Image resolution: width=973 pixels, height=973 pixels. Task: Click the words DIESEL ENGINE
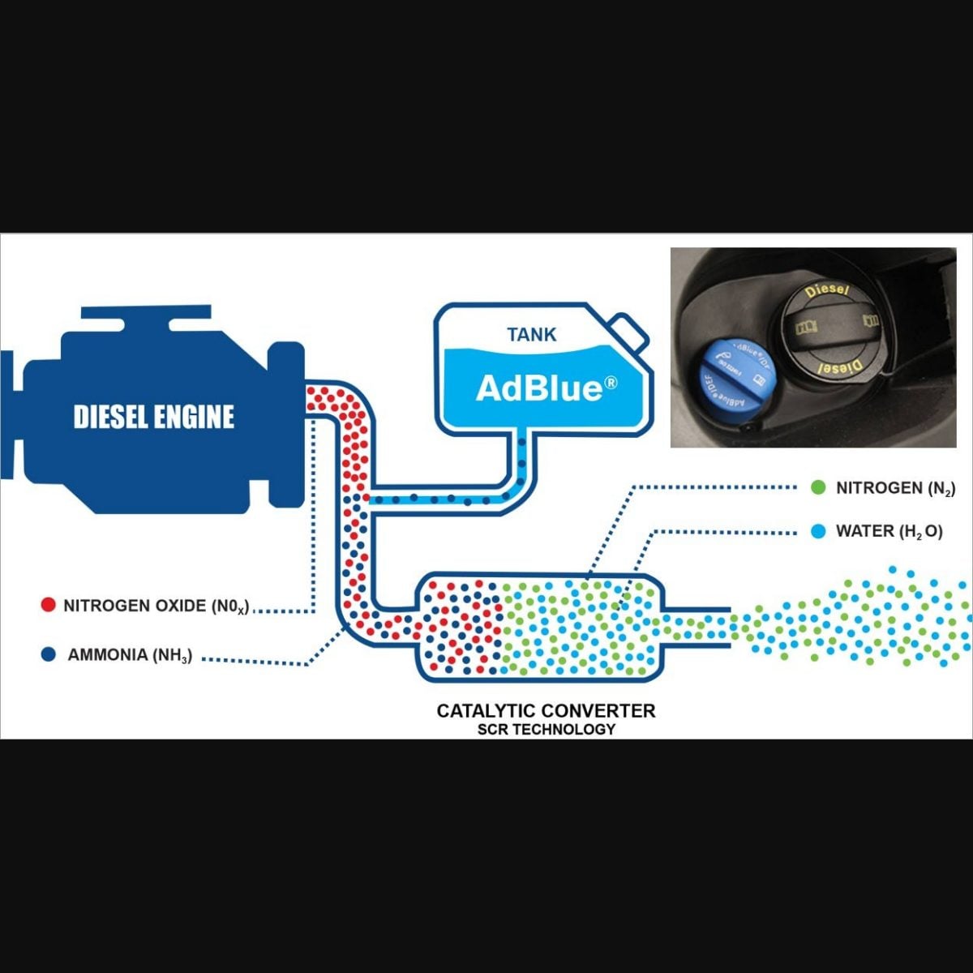click(154, 418)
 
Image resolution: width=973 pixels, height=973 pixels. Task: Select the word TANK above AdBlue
click(532, 334)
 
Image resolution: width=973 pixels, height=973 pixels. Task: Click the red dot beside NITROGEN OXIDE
click(48, 605)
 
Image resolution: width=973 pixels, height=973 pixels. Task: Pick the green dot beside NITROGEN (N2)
click(819, 487)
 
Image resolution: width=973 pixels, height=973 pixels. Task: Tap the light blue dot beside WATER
click(819, 531)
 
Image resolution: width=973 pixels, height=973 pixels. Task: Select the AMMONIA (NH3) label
click(130, 655)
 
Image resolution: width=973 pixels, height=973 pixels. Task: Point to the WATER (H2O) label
click(889, 532)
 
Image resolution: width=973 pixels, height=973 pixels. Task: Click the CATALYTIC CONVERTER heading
click(546, 711)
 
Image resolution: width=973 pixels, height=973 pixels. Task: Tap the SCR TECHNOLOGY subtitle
click(546, 729)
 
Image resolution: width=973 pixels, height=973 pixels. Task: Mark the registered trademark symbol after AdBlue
click(610, 381)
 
